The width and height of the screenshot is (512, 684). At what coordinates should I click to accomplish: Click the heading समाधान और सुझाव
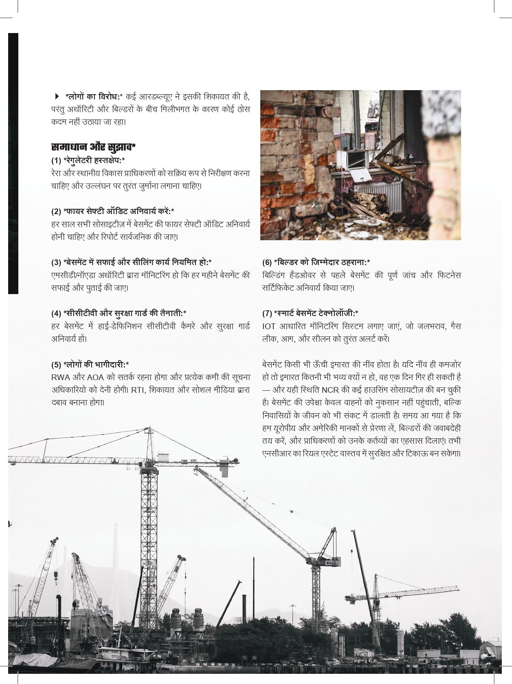[x=93, y=147]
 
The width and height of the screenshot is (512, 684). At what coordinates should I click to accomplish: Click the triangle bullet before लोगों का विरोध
[x=57, y=97]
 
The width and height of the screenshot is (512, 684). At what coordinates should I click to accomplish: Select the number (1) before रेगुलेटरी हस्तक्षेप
[x=56, y=160]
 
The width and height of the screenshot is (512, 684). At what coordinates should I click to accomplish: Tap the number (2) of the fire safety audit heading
[x=56, y=211]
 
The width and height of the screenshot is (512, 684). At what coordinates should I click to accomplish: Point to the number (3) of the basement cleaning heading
[x=56, y=262]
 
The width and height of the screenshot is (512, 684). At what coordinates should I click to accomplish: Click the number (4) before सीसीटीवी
[x=56, y=313]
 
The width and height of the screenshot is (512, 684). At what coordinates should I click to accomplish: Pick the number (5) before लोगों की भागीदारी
[x=56, y=365]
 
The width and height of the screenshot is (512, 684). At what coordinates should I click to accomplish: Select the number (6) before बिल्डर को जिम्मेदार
[x=267, y=262]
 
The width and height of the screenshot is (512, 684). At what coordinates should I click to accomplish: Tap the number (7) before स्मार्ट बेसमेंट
[x=267, y=313]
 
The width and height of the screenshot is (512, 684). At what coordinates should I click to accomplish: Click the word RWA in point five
[x=60, y=377]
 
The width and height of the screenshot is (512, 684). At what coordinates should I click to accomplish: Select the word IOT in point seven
[x=269, y=326]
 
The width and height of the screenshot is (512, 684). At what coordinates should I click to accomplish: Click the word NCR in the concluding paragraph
[x=330, y=390]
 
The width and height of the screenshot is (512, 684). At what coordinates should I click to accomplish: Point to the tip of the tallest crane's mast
[x=149, y=428]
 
